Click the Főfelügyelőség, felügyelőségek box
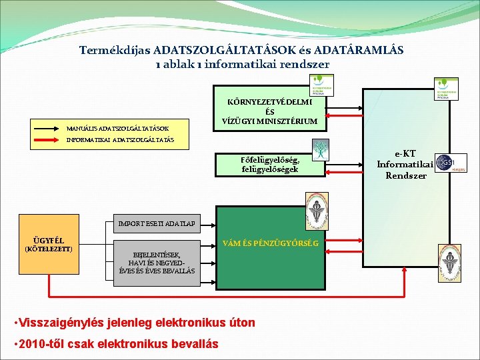coord(270,164)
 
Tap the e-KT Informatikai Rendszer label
coord(405,164)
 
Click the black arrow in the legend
coord(47,127)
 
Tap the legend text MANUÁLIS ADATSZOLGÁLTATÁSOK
coord(117,127)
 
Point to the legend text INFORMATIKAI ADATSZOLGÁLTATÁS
coord(120,140)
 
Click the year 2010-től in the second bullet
coord(42,344)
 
